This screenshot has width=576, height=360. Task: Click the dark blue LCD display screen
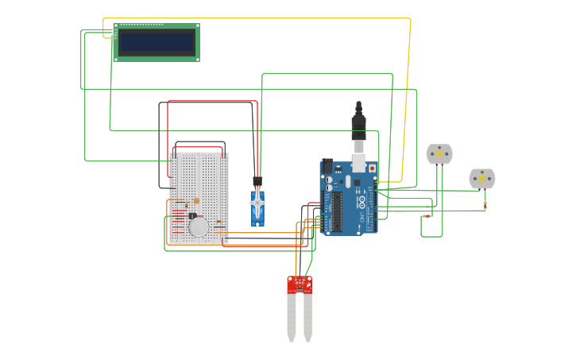pos(156,42)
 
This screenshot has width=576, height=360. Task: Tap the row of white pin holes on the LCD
pos(141,25)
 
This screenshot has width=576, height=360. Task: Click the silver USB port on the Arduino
pos(358,162)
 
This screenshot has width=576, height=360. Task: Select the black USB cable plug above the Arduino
pos(358,124)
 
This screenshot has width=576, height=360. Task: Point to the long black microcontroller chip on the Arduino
pos(337,211)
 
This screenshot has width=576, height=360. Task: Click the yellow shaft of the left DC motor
pos(439,153)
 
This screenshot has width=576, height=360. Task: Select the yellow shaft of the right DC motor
pos(481,179)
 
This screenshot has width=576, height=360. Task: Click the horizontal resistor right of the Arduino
pos(427,215)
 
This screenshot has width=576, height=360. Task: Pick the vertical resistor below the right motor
pos(485,205)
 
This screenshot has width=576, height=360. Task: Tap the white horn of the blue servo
pos(257,203)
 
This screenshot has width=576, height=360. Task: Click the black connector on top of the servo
pos(257,181)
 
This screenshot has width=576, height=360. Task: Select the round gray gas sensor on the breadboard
pos(199,226)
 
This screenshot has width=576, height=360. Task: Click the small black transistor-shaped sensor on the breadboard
pos(192,215)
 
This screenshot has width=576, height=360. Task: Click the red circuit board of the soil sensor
pos(300,285)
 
